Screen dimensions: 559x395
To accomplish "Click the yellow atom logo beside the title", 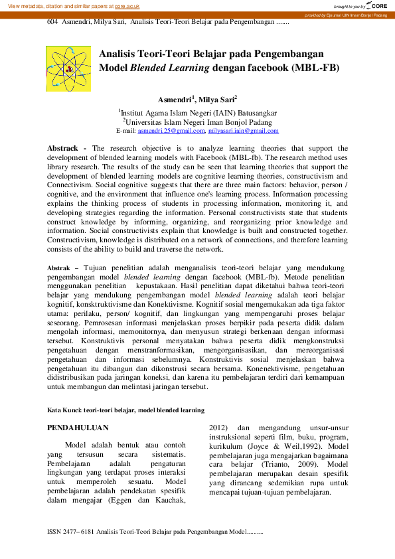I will pyautogui.click(x=68, y=68).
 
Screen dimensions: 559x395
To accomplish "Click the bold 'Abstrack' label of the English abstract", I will pyautogui.click(x=63, y=147).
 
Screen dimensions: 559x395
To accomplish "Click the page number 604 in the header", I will pyautogui.click(x=53, y=22).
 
